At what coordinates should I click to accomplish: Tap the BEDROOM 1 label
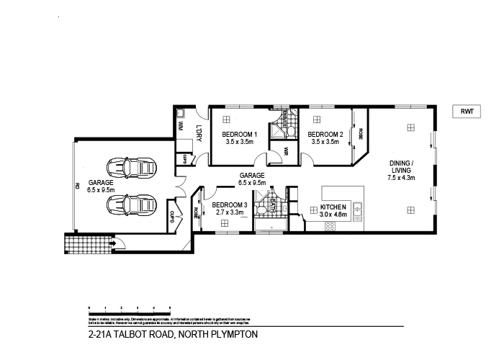tap(240, 135)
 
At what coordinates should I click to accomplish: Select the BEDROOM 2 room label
tap(325, 135)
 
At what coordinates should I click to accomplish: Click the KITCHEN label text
tap(333, 206)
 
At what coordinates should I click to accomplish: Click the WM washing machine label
tap(181, 126)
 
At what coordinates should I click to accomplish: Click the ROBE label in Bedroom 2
tap(360, 134)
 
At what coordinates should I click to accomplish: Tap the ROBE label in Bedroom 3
tap(196, 213)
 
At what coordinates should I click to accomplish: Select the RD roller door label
tap(77, 185)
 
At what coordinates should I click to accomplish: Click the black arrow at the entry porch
tap(112, 243)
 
